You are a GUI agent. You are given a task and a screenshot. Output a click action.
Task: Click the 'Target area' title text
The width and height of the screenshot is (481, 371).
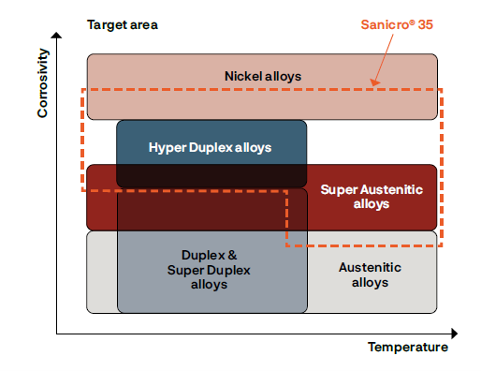(x=122, y=23)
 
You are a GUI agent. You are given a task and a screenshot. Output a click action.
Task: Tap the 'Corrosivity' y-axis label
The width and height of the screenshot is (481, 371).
(x=43, y=85)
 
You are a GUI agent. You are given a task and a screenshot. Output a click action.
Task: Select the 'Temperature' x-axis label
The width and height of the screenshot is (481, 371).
(x=407, y=348)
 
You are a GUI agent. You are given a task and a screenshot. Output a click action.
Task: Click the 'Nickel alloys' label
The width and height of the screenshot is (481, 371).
(x=263, y=75)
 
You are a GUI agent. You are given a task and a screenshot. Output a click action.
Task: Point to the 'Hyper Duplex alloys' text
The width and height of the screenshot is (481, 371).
(x=211, y=147)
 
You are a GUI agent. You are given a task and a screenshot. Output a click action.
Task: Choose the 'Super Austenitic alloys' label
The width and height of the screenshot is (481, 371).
(x=372, y=197)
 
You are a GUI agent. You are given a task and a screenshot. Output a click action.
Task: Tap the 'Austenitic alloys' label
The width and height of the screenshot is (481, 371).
(x=372, y=275)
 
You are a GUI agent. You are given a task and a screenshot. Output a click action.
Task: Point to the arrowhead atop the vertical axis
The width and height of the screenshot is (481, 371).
(x=58, y=35)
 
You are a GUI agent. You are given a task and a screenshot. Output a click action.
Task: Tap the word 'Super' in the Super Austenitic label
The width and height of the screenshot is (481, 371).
(x=337, y=189)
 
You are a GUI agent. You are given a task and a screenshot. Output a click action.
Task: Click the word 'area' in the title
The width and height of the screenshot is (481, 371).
(x=142, y=23)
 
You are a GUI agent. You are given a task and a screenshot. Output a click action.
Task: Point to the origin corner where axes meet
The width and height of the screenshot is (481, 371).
(x=58, y=333)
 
